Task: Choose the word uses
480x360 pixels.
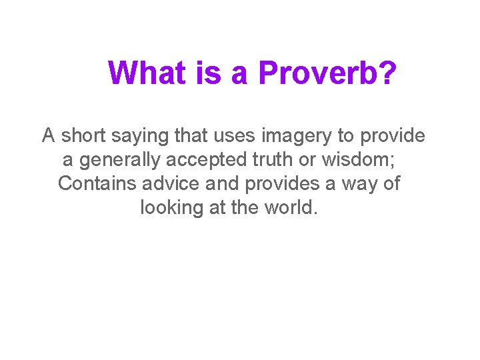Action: (235, 136)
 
